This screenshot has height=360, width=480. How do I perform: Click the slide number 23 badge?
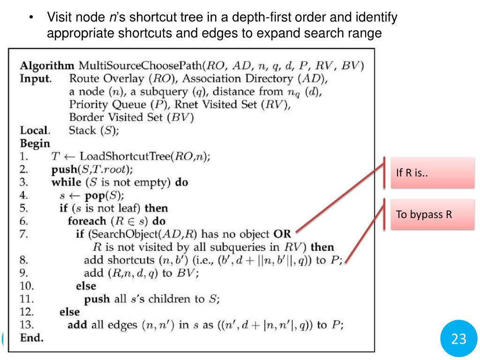click(x=459, y=339)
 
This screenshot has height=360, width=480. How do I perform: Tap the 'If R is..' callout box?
click(x=432, y=173)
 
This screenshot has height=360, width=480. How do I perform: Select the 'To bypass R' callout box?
click(x=432, y=215)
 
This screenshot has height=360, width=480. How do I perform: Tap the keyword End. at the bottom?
click(x=31, y=337)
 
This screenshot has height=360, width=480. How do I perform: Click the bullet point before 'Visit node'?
click(x=31, y=18)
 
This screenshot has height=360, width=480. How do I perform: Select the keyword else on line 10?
click(x=86, y=285)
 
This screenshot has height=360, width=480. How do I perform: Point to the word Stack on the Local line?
click(x=82, y=130)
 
